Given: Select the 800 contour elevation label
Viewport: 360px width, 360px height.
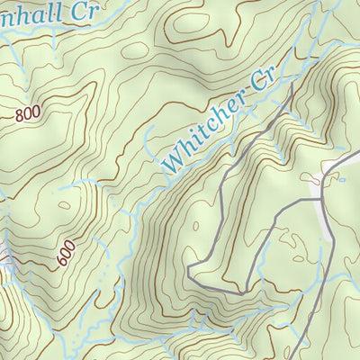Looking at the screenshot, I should [x=28, y=114].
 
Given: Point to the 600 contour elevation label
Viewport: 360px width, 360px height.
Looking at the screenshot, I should [x=66, y=253].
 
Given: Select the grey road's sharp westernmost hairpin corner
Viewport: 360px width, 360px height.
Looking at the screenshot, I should [x=189, y=268].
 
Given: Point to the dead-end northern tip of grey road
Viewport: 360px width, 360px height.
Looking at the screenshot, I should [x=293, y=88].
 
